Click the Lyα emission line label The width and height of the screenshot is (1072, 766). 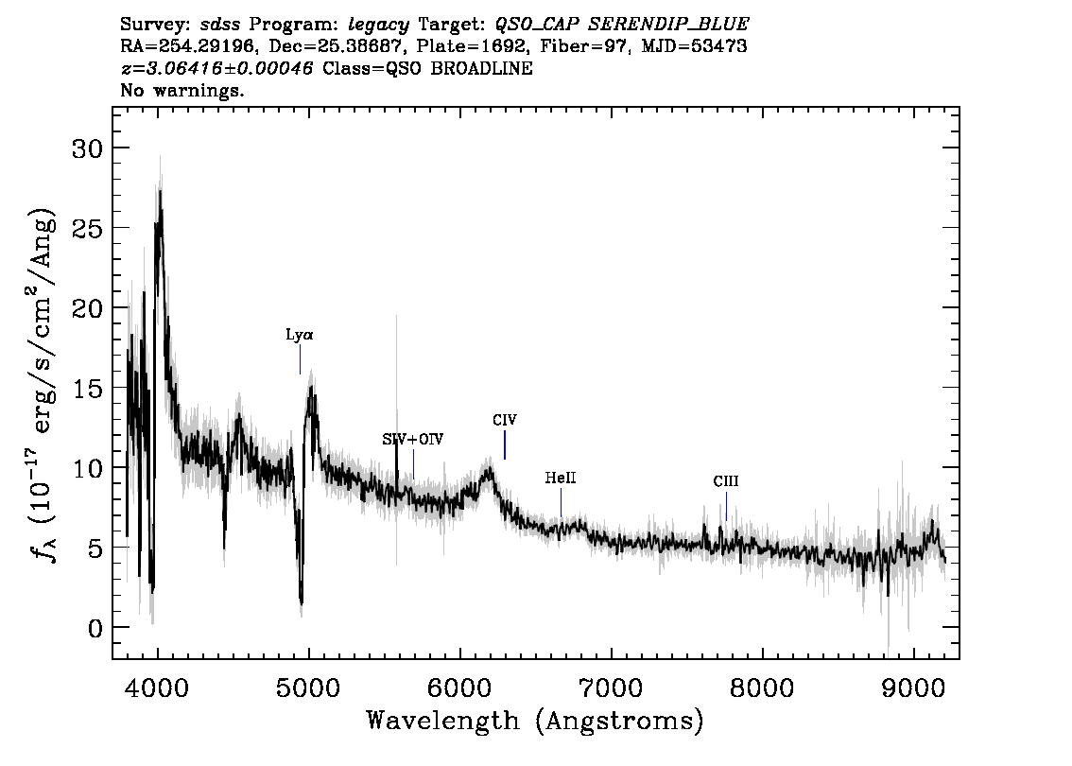click(300, 335)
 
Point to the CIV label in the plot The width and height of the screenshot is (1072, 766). click(505, 420)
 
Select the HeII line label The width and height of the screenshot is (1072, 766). click(561, 479)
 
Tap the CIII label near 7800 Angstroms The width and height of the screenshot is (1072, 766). click(726, 481)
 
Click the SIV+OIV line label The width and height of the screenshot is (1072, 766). click(413, 439)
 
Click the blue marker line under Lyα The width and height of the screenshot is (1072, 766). click(300, 359)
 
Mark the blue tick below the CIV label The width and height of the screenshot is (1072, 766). click(505, 445)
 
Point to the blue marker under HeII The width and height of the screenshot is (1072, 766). click(562, 503)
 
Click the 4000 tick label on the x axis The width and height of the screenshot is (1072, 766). click(157, 688)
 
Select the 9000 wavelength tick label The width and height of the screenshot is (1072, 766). click(912, 688)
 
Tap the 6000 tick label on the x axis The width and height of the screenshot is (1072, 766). click(459, 688)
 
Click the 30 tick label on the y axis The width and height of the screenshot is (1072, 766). click(87, 148)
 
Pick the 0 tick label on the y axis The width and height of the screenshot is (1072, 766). click(95, 628)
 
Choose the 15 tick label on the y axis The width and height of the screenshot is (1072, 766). click(87, 389)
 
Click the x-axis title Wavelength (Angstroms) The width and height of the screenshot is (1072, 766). click(535, 721)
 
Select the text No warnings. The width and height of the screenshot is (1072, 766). click(182, 90)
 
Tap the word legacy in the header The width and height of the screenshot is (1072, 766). click(379, 26)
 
